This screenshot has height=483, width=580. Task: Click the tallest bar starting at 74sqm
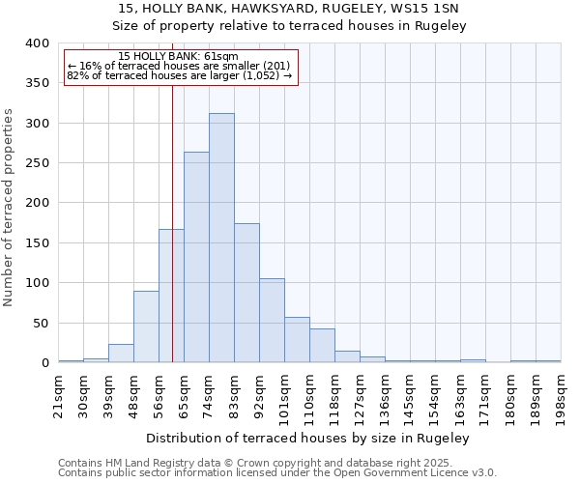click(221, 238)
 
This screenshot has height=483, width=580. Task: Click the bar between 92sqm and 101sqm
click(272, 321)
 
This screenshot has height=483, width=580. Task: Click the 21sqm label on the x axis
click(58, 394)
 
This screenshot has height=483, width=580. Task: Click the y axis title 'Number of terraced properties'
click(10, 207)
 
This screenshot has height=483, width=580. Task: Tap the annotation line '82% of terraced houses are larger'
click(179, 75)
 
